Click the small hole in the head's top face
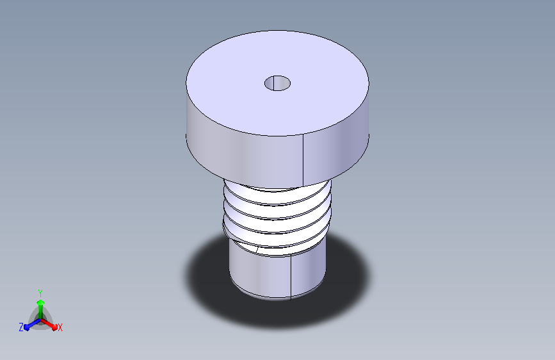click(278, 83)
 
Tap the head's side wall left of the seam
click(245, 152)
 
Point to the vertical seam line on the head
click(303, 160)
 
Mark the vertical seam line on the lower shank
click(291, 275)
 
